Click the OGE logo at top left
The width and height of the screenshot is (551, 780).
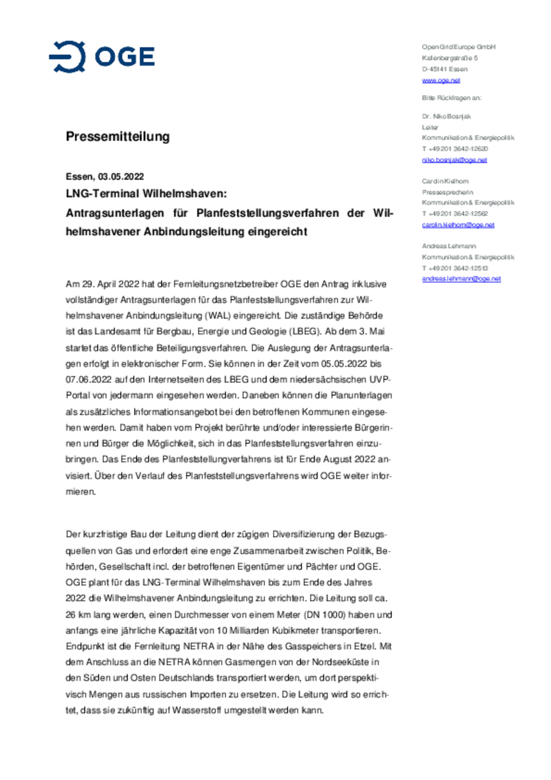102,57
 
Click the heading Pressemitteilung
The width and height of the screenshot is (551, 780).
117,136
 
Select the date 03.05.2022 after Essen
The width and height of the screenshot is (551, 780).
121,176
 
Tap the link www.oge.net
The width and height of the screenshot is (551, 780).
441,80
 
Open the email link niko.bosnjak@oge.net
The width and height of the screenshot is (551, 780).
454,160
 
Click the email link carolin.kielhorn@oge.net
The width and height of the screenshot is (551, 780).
458,225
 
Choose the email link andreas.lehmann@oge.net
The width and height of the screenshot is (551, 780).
461,279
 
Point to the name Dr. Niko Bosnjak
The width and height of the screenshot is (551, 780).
446,116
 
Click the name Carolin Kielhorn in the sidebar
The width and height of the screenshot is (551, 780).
445,181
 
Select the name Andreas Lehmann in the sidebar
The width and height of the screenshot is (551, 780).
449,246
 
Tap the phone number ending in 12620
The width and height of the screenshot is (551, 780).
455,149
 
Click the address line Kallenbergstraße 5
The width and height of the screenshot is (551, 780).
450,58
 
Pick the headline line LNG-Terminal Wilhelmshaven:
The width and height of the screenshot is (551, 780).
146,194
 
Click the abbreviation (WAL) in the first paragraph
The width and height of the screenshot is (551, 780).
218,316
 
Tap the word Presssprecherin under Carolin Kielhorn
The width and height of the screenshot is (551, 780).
447,192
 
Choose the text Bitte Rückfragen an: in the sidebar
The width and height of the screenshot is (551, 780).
452,98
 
